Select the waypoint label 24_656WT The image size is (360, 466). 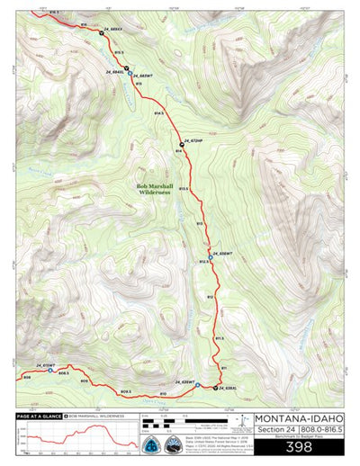[x=223, y=253]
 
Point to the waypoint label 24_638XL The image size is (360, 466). [x=226, y=388]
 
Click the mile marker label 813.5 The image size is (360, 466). [x=184, y=188]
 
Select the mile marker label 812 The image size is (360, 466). [x=210, y=296]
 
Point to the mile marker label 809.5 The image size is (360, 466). [x=123, y=391]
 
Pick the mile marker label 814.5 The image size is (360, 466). [x=159, y=114]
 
